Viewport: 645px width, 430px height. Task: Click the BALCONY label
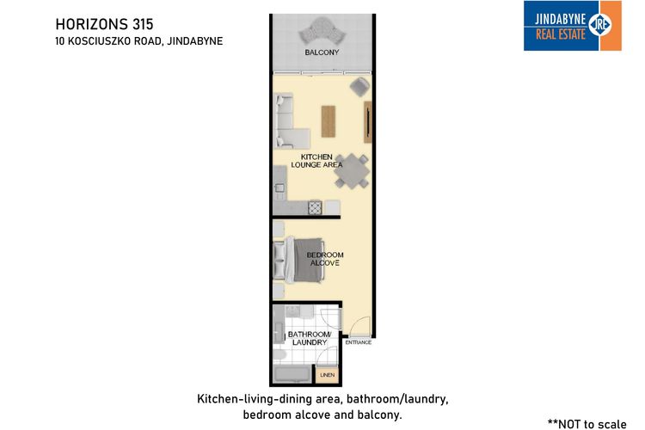coord(322,52)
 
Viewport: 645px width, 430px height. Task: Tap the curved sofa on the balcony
coord(322,30)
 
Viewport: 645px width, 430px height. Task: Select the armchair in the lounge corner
coord(360,87)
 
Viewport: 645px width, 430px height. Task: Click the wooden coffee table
coord(329,121)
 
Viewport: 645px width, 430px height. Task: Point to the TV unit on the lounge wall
coord(368,122)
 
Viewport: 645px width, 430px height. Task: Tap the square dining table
coord(352,171)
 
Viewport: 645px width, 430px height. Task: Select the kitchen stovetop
coord(315,207)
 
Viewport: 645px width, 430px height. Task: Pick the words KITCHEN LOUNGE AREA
coord(316,161)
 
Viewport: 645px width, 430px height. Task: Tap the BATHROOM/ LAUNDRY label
coord(310,338)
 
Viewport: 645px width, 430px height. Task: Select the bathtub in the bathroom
coord(292,374)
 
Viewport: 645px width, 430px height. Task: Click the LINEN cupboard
coord(328,375)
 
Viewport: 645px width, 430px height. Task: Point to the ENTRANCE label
coord(359,342)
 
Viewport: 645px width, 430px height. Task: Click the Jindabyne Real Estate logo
coord(572,26)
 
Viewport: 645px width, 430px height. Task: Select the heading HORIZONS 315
coord(104,24)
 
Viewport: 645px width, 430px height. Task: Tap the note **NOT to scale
coord(587,424)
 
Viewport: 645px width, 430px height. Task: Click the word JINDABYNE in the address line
coord(195,41)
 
